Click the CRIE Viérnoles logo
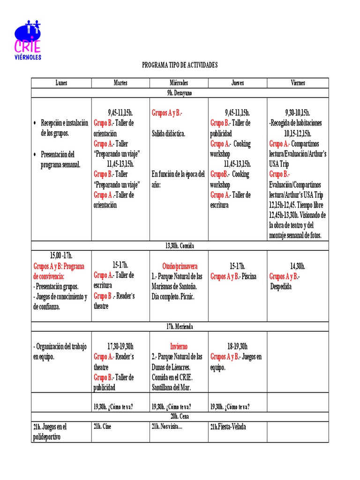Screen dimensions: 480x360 click(28, 40)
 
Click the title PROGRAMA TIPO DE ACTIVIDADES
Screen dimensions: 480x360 click(180, 65)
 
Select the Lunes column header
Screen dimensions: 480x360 click(61, 83)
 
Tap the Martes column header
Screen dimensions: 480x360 click(120, 83)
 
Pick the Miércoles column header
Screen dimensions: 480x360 click(179, 83)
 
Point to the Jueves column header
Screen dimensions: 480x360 click(237, 83)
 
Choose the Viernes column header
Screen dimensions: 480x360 click(298, 83)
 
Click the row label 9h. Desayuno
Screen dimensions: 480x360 click(180, 93)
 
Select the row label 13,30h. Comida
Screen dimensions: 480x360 click(180, 245)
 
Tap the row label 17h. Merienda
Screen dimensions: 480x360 click(180, 326)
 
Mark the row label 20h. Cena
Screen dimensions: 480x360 click(180, 416)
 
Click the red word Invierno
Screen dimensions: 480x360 click(179, 346)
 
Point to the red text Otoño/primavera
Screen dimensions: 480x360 click(179, 266)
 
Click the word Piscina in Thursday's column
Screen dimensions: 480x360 click(248, 276)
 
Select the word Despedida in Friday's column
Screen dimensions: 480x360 click(281, 286)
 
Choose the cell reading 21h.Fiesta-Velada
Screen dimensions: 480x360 click(228, 427)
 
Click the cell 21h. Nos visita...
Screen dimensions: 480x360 click(167, 427)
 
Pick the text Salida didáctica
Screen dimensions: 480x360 click(168, 134)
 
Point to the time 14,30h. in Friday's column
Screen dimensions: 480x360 click(298, 266)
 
